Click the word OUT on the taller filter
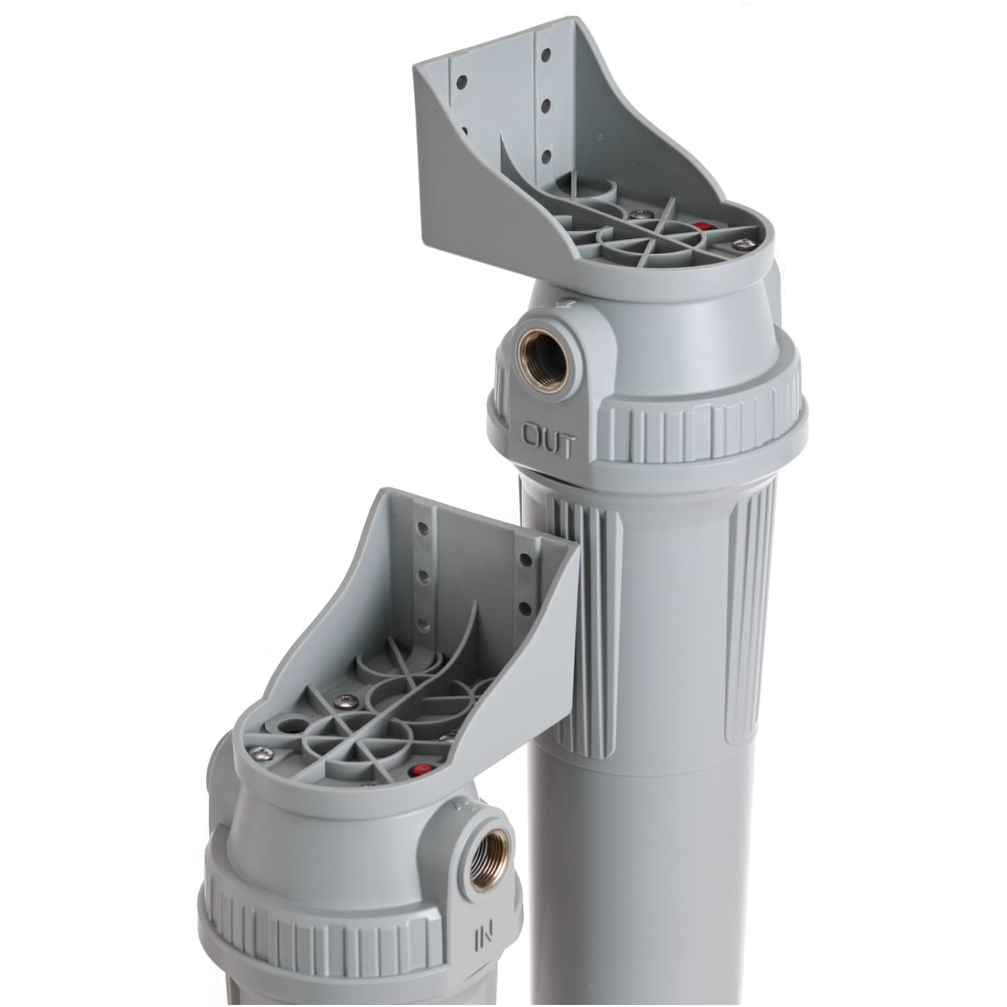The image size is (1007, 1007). click(x=548, y=442)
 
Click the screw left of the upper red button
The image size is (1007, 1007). click(x=636, y=215)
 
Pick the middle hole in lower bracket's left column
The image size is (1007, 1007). click(x=424, y=577)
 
